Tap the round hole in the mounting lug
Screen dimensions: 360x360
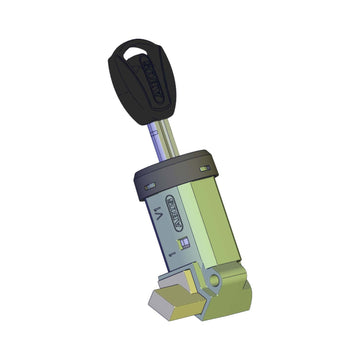point(214,283)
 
